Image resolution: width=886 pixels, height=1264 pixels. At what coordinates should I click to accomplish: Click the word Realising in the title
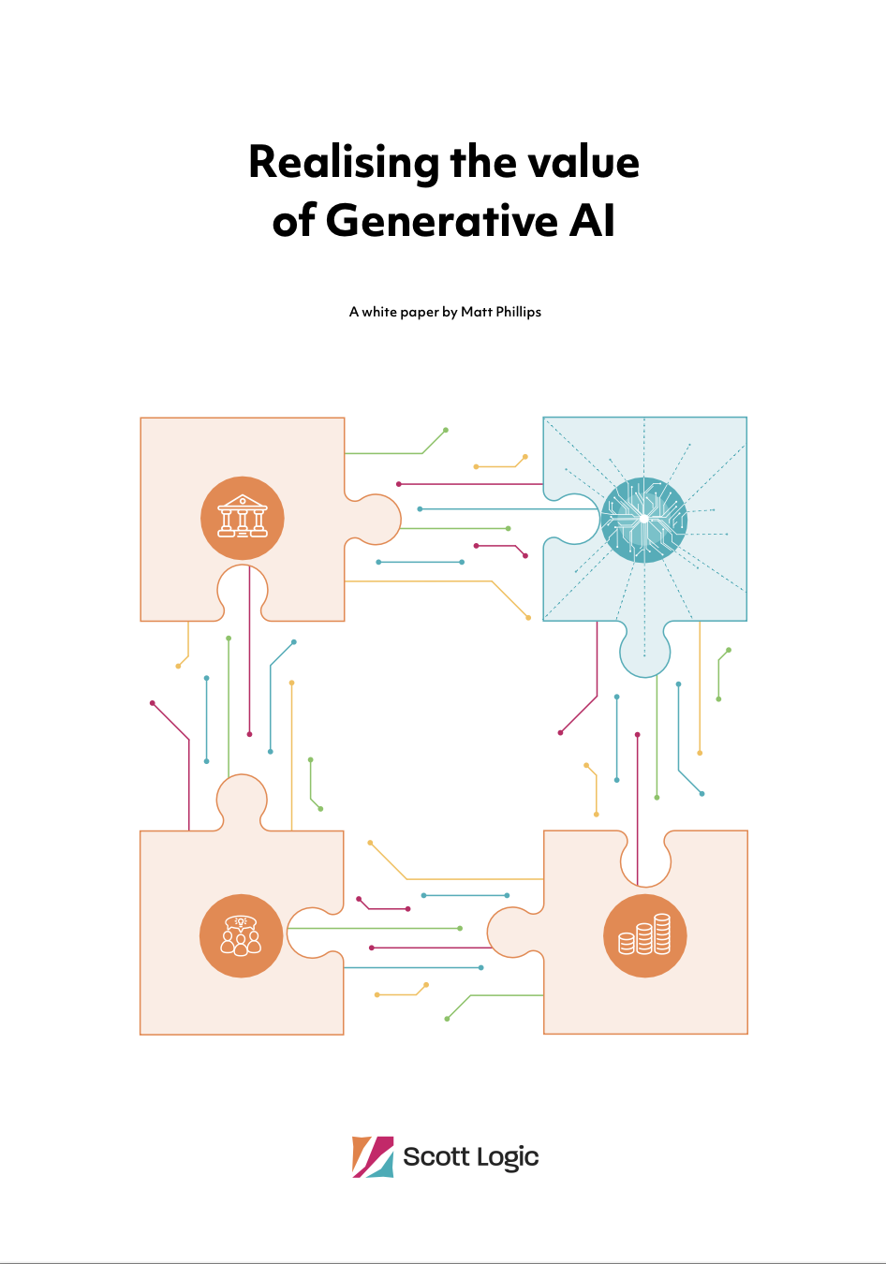click(x=344, y=163)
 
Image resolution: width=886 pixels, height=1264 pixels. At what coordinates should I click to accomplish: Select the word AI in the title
click(x=592, y=222)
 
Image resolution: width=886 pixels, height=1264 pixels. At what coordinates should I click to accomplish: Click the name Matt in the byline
click(x=476, y=312)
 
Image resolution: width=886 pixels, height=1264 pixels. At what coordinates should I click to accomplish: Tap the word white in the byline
click(x=379, y=312)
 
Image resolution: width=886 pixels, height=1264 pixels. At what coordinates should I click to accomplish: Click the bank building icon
click(x=243, y=518)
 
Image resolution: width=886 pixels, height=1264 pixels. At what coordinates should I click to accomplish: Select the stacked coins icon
click(x=645, y=936)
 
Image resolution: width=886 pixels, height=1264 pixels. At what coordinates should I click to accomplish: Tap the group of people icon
click(x=241, y=936)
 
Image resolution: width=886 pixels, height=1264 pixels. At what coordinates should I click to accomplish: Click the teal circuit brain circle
click(x=644, y=519)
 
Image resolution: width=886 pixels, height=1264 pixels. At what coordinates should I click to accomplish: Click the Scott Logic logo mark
click(x=373, y=1157)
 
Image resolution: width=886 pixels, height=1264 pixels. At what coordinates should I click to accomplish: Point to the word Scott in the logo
click(x=436, y=1157)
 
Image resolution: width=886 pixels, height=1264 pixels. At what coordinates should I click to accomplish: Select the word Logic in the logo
click(x=507, y=1158)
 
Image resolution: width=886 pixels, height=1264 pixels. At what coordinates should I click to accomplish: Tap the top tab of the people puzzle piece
click(x=242, y=798)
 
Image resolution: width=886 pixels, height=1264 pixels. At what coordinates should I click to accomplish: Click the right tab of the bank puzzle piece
click(x=377, y=519)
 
